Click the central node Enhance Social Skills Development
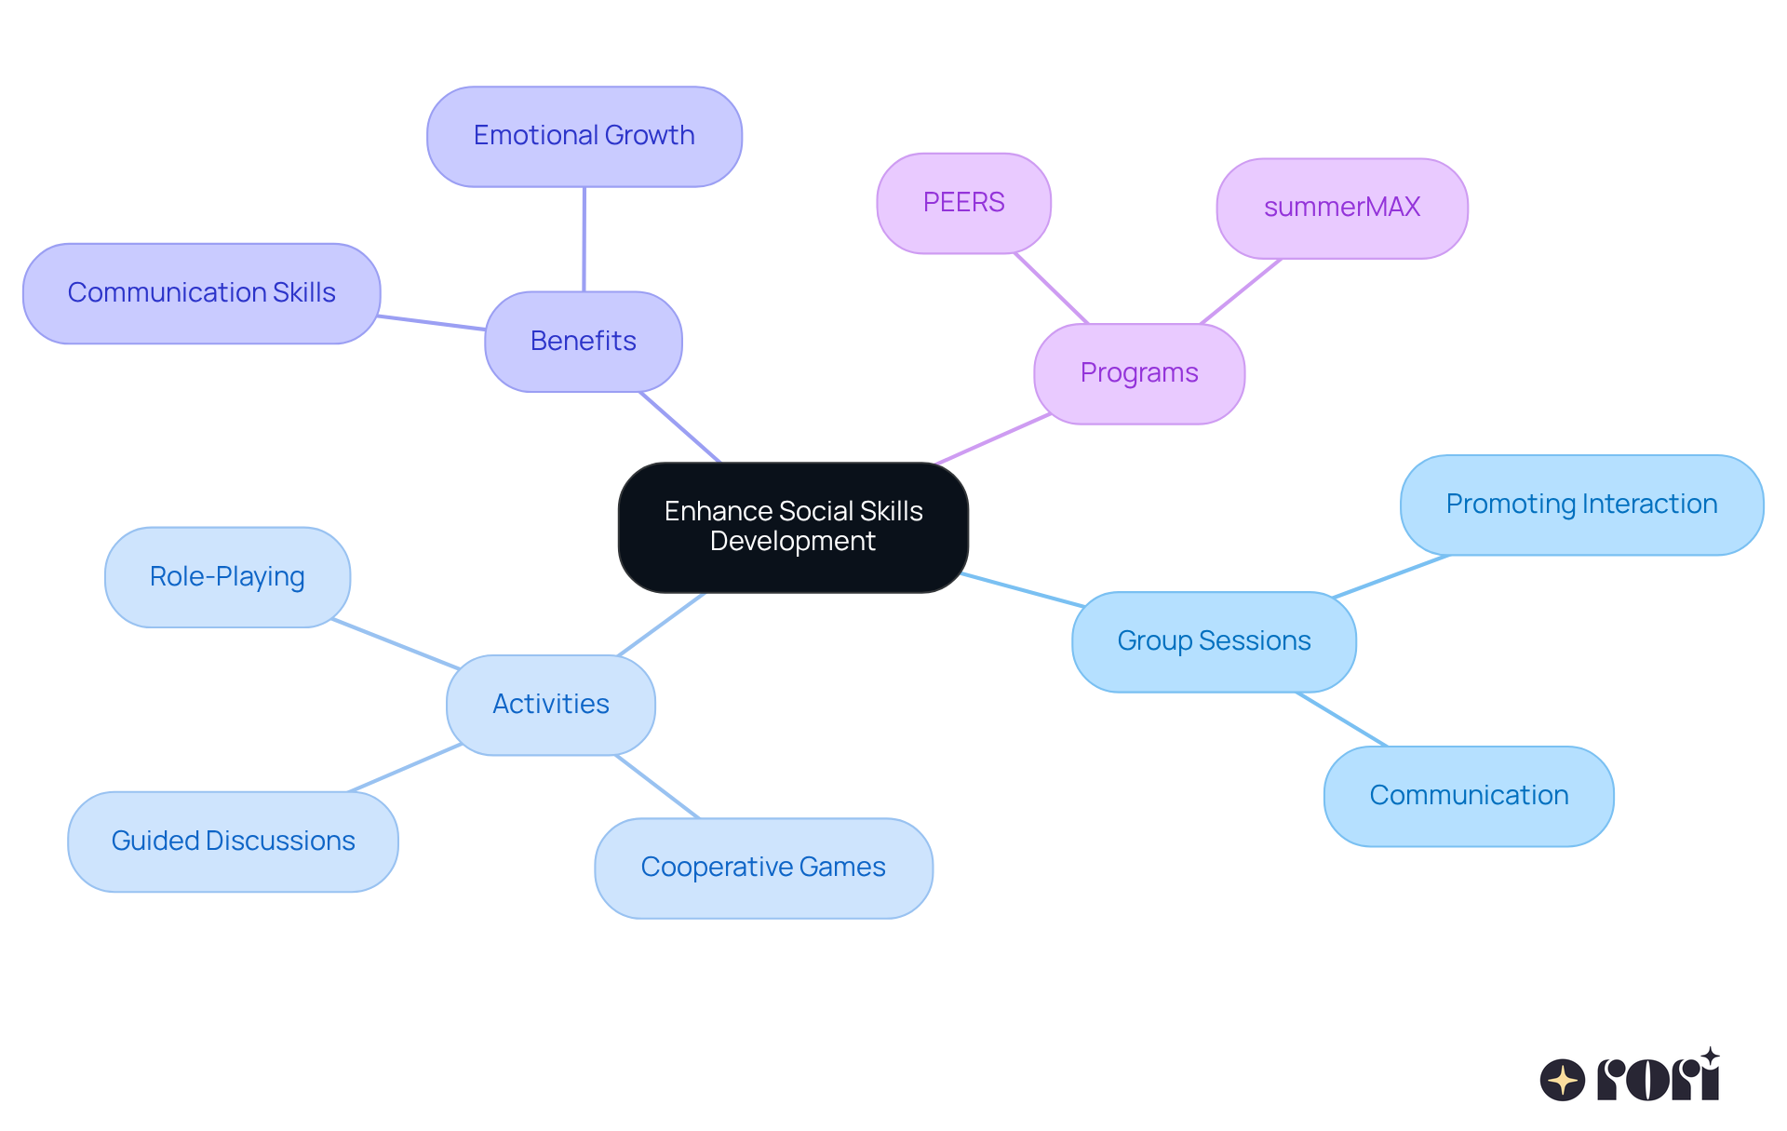pyautogui.click(x=793, y=527)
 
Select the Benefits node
pyautogui.click(x=584, y=342)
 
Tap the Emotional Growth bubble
pyautogui.click(x=584, y=137)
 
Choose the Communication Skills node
pyautogui.click(x=202, y=293)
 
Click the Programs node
pyautogui.click(x=1139, y=373)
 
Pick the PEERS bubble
pyautogui.click(x=963, y=203)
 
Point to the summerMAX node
pyautogui.click(x=1342, y=208)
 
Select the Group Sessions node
pyautogui.click(x=1214, y=641)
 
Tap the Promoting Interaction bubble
pyautogui.click(x=1581, y=505)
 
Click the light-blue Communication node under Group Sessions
pyautogui.click(x=1469, y=796)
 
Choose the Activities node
pyautogui.click(x=551, y=705)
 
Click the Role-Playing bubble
pyautogui.click(x=227, y=577)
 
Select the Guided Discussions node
pyautogui.click(x=233, y=842)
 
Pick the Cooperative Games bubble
pyautogui.click(x=763, y=868)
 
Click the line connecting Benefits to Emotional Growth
pyautogui.click(x=584, y=239)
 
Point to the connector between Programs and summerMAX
pyautogui.click(x=1241, y=291)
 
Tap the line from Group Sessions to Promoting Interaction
pyautogui.click(x=1391, y=576)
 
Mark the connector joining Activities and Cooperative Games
pyautogui.click(x=657, y=787)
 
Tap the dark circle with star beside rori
pyautogui.click(x=1563, y=1080)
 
